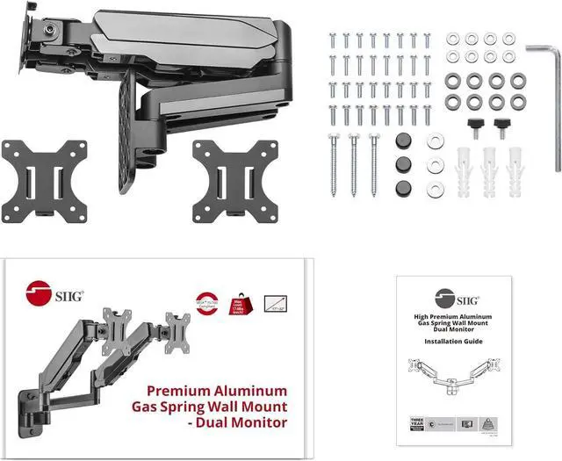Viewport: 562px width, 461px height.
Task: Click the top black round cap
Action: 405,142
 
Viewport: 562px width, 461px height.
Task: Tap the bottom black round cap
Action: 405,188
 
